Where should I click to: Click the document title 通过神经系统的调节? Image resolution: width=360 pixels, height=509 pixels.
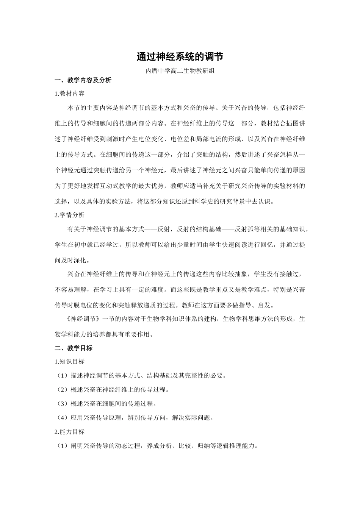[180, 57]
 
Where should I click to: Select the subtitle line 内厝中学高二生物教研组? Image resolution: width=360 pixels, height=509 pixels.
[180, 70]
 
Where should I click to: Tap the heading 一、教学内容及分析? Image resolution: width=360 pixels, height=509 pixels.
[83, 80]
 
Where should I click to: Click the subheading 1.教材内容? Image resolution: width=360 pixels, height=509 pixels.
[70, 94]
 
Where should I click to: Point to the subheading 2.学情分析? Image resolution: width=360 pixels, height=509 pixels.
[70, 215]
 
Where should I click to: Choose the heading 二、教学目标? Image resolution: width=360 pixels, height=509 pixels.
[74, 348]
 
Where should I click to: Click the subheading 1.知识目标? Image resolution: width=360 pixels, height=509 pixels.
[70, 362]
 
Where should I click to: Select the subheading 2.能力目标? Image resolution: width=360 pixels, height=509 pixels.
[70, 432]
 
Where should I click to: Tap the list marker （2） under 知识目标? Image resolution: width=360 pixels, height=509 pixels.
[63, 390]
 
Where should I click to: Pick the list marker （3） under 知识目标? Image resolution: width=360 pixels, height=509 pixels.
[63, 404]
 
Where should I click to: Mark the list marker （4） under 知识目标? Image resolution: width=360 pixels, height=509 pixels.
[63, 418]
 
